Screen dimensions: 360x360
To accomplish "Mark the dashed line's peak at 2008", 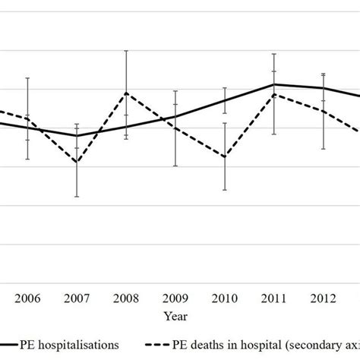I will (x=126, y=93).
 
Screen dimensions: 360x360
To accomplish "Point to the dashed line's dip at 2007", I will (x=77, y=163).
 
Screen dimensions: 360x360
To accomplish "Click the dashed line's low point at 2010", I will (x=225, y=156).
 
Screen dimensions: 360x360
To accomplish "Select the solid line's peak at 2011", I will (x=274, y=84).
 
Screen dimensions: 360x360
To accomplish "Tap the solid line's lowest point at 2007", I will (x=77, y=136).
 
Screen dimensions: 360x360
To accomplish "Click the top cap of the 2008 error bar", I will (x=126, y=51).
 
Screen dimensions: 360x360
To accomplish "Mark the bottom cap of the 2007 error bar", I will (x=77, y=197).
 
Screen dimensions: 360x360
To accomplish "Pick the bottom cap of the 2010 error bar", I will (x=225, y=190).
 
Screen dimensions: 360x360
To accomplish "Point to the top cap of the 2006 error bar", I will (x=27, y=78).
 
